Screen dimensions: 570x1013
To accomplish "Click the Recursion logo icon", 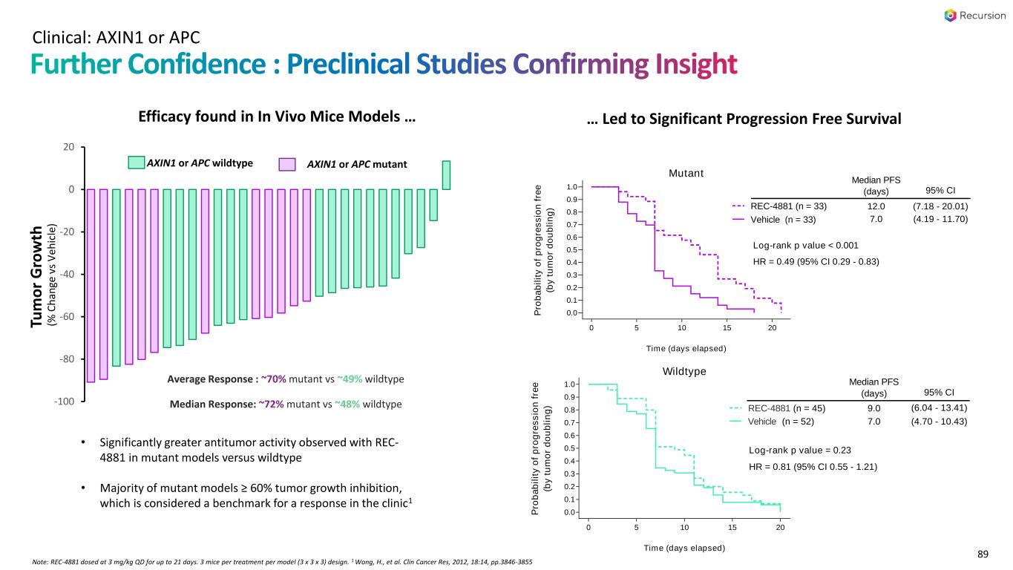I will coord(950,16).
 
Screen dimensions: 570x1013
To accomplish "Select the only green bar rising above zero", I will coord(446,175).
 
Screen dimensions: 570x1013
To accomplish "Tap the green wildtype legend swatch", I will coord(137,163).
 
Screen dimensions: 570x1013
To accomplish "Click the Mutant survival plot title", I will coord(686,174).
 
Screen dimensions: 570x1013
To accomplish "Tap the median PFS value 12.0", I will coord(874,206).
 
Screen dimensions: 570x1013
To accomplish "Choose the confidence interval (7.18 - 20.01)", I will coord(940,206).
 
